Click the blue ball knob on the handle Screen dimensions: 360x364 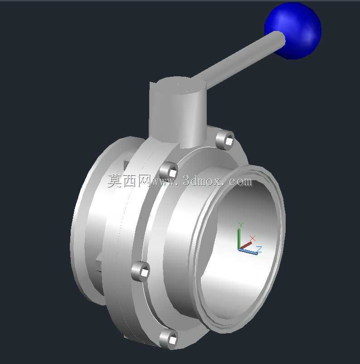[x=293, y=31]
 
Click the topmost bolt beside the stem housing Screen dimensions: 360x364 [x=225, y=140]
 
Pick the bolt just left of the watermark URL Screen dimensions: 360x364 [x=169, y=172]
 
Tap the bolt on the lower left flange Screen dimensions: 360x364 [x=141, y=271]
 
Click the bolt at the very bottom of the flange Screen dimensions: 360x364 [x=169, y=339]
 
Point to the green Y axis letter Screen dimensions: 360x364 [x=241, y=224]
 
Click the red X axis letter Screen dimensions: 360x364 [x=253, y=238]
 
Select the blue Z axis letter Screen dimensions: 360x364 [x=259, y=249]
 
